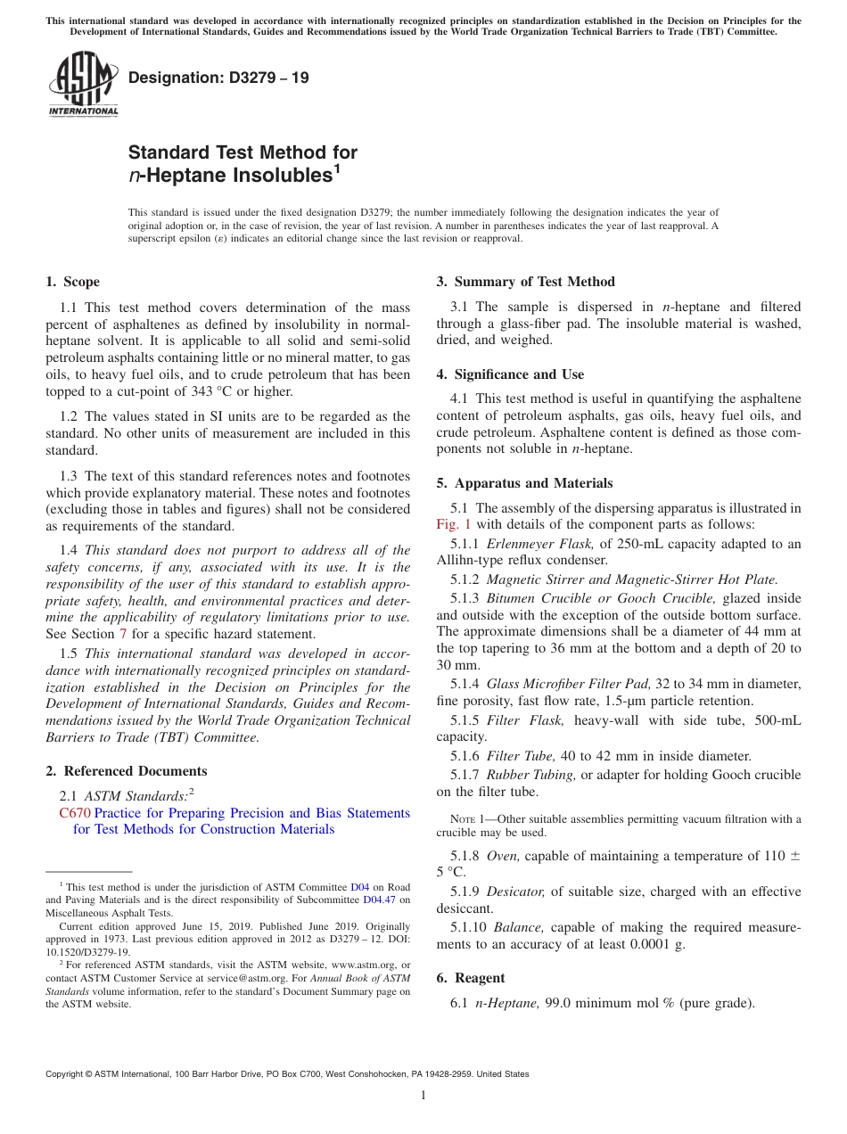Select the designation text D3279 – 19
coord(218,78)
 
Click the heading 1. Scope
coord(72,282)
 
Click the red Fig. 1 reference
coord(453,524)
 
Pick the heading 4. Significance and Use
coord(510,374)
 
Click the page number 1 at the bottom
coord(423,1095)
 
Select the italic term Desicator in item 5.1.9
coord(514,892)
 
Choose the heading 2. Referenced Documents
coord(126,771)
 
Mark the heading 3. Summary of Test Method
coord(525,282)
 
